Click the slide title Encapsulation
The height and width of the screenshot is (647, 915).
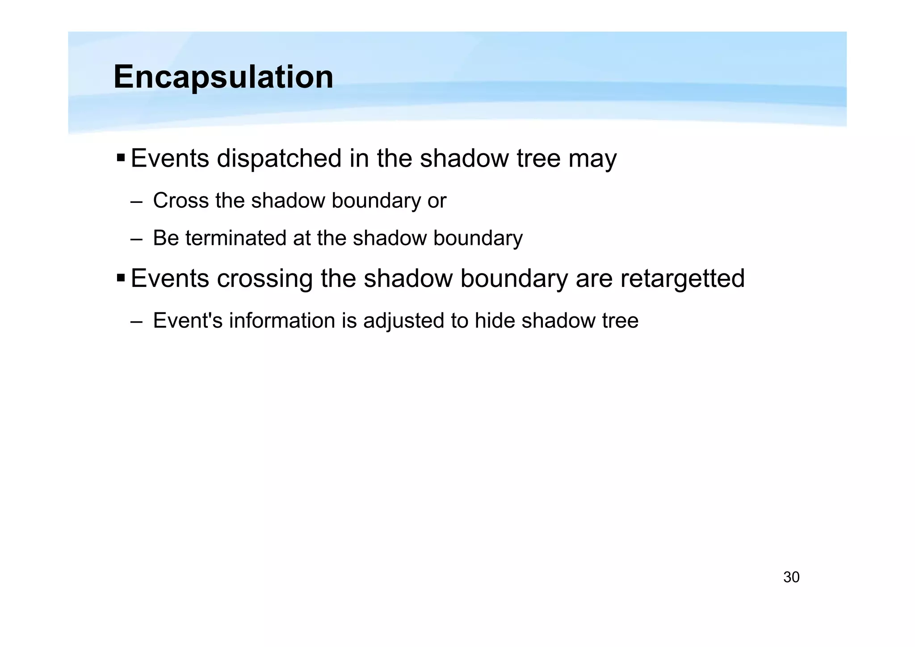click(x=223, y=77)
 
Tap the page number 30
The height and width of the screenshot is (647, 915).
click(x=791, y=577)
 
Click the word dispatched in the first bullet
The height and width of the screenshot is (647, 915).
click(x=279, y=158)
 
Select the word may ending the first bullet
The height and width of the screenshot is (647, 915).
click(x=592, y=159)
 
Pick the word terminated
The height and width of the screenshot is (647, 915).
click(x=236, y=238)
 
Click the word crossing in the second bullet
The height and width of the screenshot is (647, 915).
click(x=264, y=279)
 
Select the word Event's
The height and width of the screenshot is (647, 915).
click(x=188, y=321)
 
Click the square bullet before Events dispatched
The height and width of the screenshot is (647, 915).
click(x=121, y=158)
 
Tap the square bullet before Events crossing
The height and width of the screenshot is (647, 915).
click(x=121, y=278)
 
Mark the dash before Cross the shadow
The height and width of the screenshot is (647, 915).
click(x=137, y=202)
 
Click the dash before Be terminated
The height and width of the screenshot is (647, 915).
click(x=137, y=239)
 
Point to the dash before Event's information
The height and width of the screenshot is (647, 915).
click(x=137, y=322)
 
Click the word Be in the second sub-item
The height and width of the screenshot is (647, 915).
click(x=166, y=238)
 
